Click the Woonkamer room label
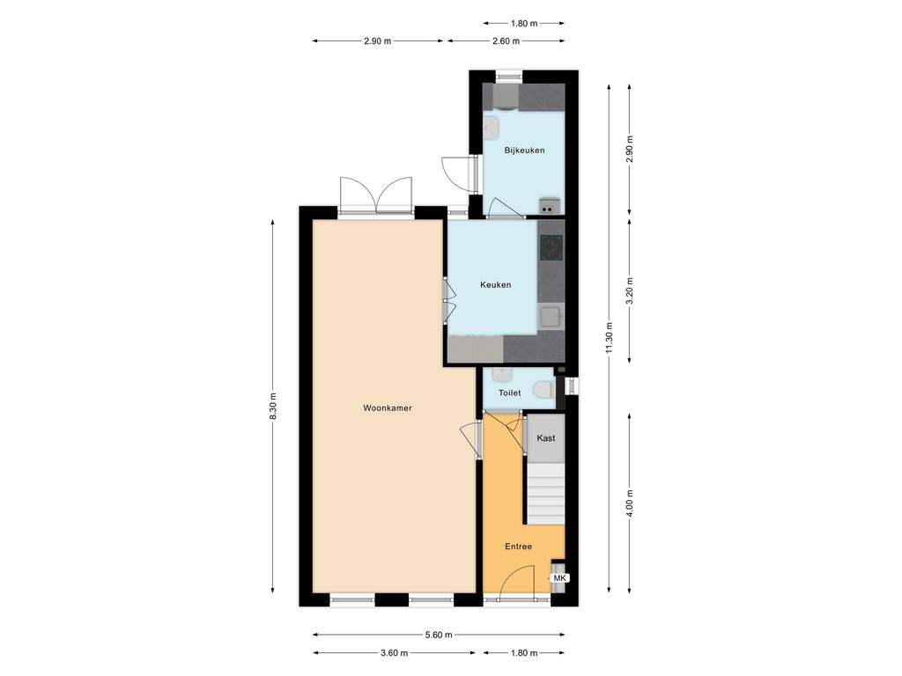(388, 408)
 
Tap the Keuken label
(495, 284)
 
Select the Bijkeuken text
(524, 151)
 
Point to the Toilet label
(510, 393)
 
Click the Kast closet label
(546, 438)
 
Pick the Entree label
(518, 547)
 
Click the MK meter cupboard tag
(559, 578)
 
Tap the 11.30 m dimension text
(610, 339)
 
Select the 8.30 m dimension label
(273, 407)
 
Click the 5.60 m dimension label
(439, 636)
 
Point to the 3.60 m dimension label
(394, 653)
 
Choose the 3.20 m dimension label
(630, 290)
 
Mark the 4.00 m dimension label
(630, 503)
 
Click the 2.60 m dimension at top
(506, 40)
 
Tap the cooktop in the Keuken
(551, 248)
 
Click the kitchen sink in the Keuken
(551, 317)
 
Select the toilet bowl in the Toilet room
(544, 391)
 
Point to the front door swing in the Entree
(517, 583)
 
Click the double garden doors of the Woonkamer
(376, 195)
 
